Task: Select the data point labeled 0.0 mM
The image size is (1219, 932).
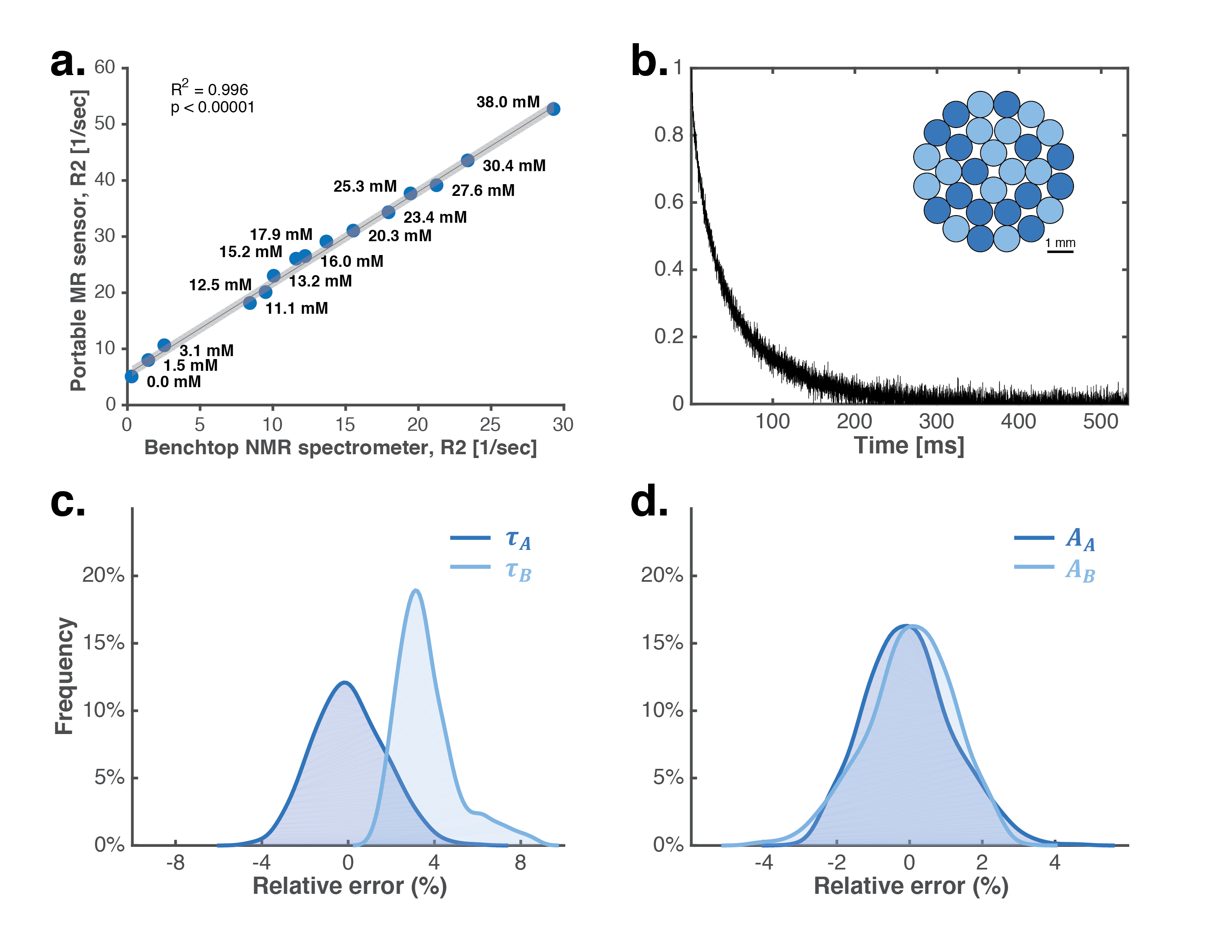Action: click(x=131, y=377)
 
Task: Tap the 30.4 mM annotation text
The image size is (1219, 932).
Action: click(x=514, y=165)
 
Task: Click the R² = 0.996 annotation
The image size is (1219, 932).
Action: click(x=209, y=89)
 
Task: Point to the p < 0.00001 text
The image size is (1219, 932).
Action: click(x=213, y=107)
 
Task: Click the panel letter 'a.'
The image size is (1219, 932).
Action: click(x=67, y=62)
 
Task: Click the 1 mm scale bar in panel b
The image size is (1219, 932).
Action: click(x=1060, y=251)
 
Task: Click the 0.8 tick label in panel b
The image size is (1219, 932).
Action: click(x=669, y=134)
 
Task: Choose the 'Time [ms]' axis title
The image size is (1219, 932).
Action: click(x=909, y=445)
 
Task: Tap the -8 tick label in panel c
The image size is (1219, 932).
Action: click(x=175, y=863)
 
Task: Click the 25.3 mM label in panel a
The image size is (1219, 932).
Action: click(x=365, y=186)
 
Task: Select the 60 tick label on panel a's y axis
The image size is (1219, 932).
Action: click(x=104, y=67)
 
